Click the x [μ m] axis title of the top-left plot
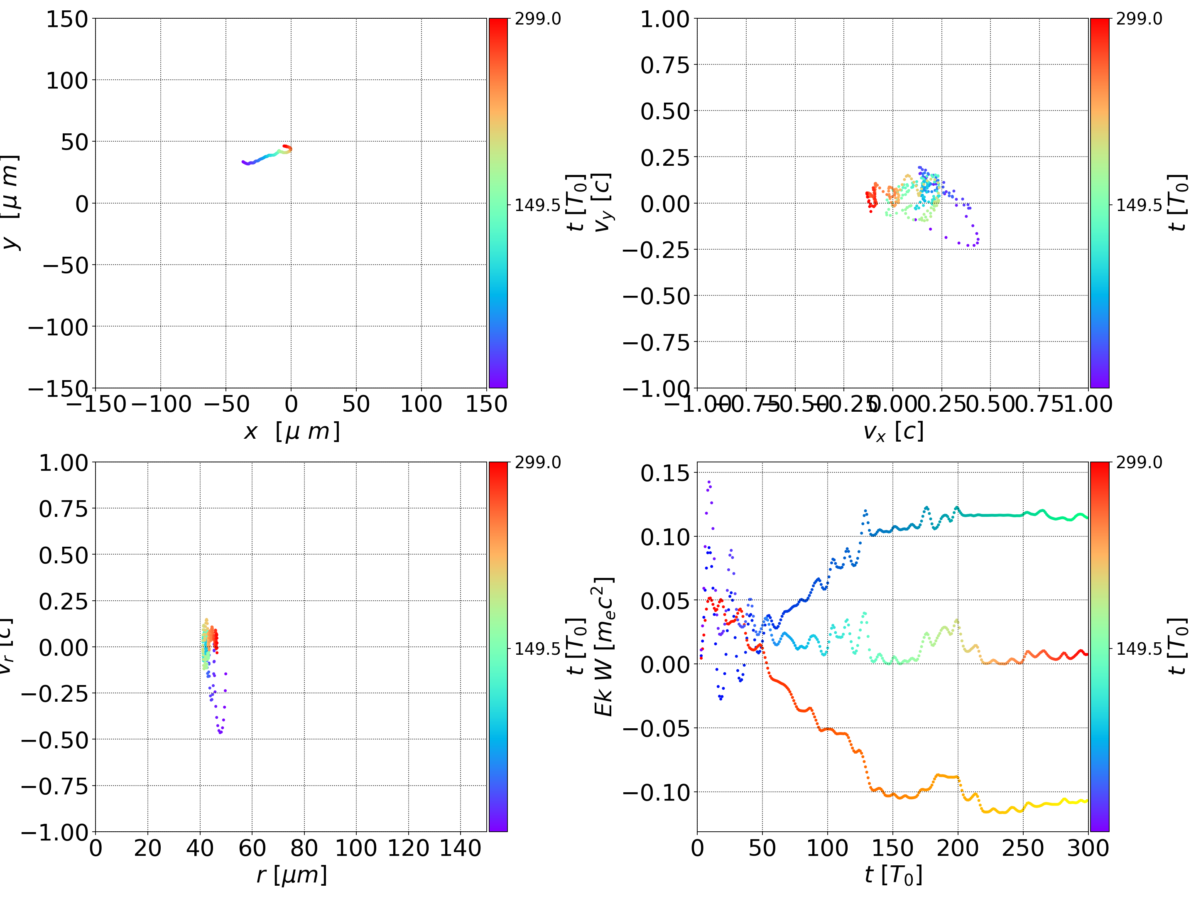tap(292, 432)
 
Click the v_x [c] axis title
tap(893, 432)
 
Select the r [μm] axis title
tap(292, 875)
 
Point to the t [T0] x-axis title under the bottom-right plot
tap(893, 875)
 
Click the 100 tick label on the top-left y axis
tap(66, 81)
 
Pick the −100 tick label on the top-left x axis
tap(161, 404)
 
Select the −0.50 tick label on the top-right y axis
tap(657, 296)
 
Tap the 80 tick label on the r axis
tap(304, 848)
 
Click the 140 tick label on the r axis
tap(460, 848)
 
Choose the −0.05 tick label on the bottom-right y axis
tap(657, 728)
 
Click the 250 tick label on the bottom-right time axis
tap(1022, 848)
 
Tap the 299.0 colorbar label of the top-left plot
tap(537, 19)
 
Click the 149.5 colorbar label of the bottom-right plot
tap(1139, 648)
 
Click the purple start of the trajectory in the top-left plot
tap(244, 162)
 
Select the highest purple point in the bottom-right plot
tap(709, 481)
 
